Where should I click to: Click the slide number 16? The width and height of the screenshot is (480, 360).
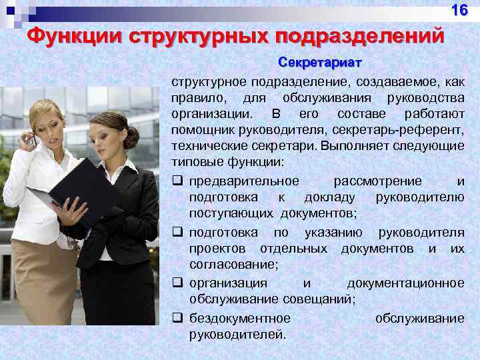point(460,11)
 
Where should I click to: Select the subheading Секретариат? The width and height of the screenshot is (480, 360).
point(319,63)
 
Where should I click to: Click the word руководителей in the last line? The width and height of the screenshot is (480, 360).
point(237,334)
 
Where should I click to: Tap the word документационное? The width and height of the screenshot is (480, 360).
point(405,283)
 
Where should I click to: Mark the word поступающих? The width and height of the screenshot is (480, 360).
point(231,213)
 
